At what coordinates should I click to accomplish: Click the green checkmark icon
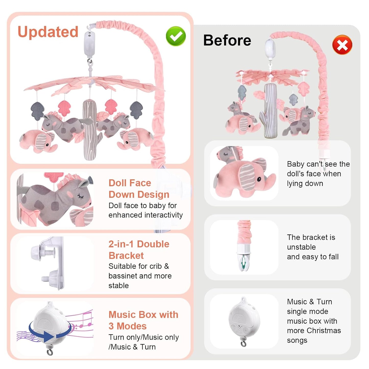[176, 36]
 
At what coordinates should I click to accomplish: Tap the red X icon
[342, 45]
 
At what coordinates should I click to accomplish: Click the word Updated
[48, 32]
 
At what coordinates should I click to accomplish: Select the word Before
[227, 40]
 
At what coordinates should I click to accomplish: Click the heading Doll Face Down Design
[139, 188]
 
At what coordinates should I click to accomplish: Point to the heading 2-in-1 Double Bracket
[139, 249]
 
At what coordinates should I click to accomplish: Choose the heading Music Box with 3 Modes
[143, 320]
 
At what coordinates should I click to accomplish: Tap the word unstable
[301, 247]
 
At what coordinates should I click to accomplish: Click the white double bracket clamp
[51, 263]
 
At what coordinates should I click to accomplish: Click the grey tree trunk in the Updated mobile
[89, 130]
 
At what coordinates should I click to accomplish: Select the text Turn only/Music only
[144, 337]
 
